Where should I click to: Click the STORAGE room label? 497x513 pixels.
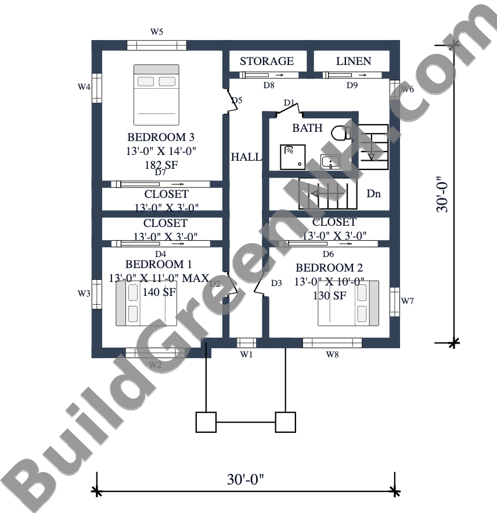click(267, 61)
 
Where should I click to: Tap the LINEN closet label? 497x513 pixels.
click(354, 61)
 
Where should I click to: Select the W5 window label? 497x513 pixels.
click(157, 32)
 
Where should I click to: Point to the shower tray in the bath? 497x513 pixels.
click(293, 157)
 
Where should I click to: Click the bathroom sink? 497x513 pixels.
click(330, 161)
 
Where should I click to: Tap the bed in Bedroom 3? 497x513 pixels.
click(157, 95)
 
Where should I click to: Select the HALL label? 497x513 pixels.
click(246, 157)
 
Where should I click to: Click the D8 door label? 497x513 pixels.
click(269, 85)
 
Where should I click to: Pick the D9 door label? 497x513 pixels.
click(352, 85)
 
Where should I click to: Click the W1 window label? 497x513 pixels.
click(246, 355)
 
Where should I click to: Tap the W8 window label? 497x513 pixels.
click(332, 355)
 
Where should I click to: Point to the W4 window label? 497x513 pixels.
click(84, 86)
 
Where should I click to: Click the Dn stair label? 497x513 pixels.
click(373, 194)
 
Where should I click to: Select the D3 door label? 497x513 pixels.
click(276, 283)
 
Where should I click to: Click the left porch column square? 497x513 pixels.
click(206, 422)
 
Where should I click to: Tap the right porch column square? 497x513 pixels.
click(286, 422)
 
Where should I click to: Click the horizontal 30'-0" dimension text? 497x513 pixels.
click(246, 479)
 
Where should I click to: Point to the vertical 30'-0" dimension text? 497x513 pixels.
click(442, 194)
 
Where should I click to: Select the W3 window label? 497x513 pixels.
click(84, 294)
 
